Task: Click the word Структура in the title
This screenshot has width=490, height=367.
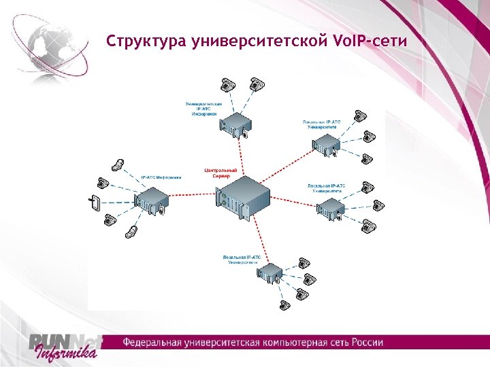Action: click(140, 42)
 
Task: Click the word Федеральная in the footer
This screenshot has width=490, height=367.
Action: click(156, 341)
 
